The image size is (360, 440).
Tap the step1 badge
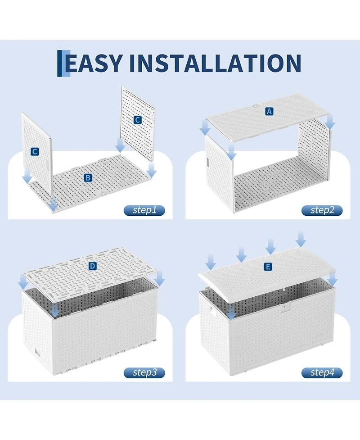144,210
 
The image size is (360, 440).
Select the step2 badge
322,210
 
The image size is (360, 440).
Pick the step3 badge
144,372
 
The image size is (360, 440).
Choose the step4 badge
322,372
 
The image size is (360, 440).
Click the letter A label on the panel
269,111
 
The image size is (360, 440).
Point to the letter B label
88,177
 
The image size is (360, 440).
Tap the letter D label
93,266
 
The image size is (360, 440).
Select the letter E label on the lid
268,267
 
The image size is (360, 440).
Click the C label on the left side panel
35,152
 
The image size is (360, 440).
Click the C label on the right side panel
137,120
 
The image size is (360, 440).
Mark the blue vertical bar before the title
59,63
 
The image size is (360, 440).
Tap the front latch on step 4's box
285,308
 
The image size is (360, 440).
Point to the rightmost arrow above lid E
301,239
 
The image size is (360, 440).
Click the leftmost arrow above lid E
211,261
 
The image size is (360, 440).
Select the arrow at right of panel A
331,122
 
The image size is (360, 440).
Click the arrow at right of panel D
160,278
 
